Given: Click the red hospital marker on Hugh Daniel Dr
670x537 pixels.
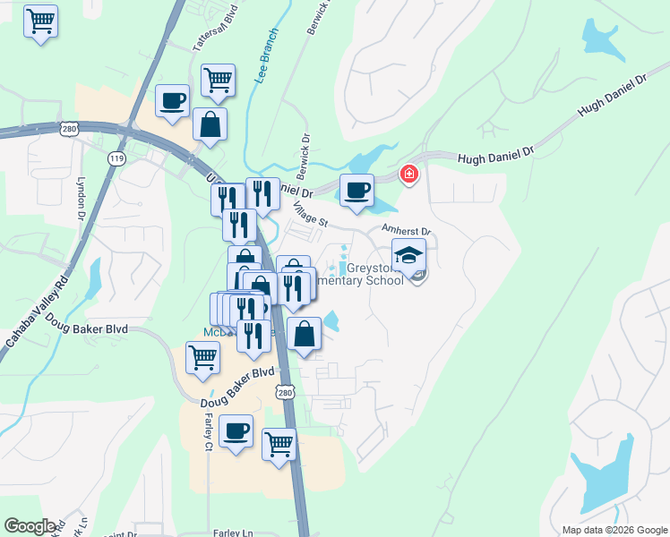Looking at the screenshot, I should point(409,174).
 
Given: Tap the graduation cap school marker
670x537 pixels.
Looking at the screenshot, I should point(408,257).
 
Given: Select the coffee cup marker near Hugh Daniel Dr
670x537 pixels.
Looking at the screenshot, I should point(357,191).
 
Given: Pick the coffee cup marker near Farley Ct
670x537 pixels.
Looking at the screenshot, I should point(236,432).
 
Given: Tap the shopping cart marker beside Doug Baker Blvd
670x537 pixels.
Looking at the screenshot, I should point(203,357).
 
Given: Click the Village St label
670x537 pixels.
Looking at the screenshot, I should point(311,214).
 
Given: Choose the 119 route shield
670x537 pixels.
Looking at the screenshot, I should point(116,158).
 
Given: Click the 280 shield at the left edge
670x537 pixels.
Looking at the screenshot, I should point(70,130).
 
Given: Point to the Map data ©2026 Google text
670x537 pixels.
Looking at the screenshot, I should point(614,530).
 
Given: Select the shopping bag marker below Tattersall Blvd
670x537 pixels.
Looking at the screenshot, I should point(210,124).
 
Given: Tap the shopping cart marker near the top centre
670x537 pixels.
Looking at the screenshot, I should point(218,81).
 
